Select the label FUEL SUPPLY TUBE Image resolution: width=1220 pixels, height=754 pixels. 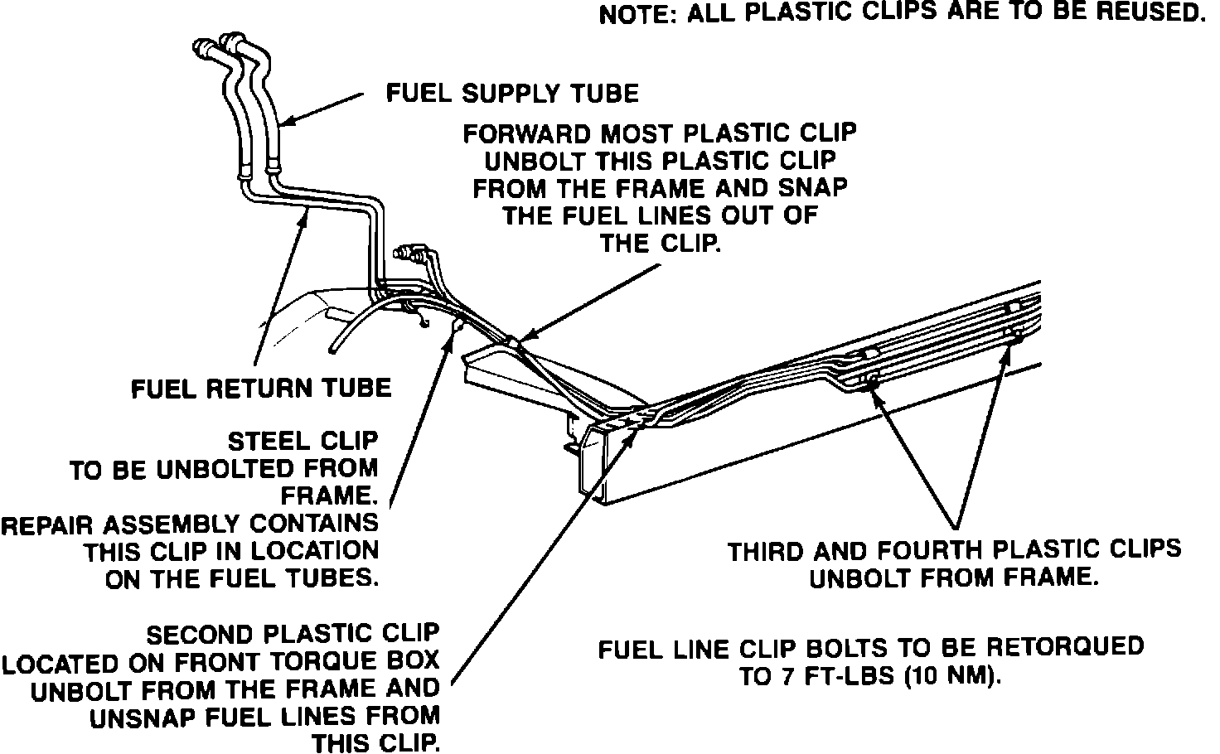click(x=513, y=93)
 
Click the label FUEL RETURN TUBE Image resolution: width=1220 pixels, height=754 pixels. click(x=261, y=388)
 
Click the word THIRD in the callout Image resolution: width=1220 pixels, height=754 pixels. click(x=765, y=551)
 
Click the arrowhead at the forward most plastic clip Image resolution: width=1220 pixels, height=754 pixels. click(x=520, y=340)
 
